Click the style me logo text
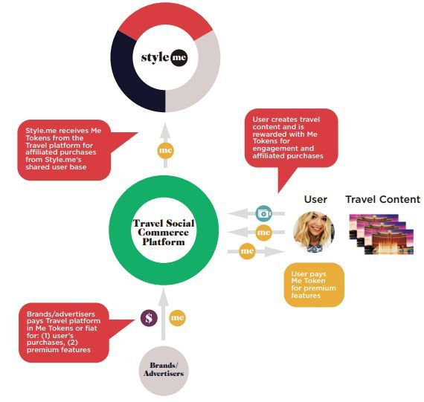164,57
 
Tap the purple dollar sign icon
149,318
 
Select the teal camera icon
263,213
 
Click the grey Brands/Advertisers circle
164,371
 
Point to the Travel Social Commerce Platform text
164,233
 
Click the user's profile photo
314,232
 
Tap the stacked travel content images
382,234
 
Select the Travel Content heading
383,199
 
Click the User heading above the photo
315,199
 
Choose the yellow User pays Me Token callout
314,285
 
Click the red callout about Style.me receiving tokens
64,150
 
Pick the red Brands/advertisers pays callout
64,333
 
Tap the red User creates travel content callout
292,138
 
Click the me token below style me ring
165,151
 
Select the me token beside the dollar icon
177,318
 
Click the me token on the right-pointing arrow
247,251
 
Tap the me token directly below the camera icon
263,233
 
